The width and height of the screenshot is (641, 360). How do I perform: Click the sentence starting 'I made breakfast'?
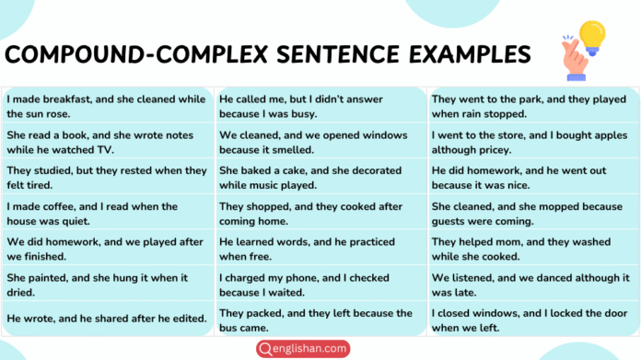106,105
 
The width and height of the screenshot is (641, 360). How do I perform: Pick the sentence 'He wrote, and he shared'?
106,318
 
